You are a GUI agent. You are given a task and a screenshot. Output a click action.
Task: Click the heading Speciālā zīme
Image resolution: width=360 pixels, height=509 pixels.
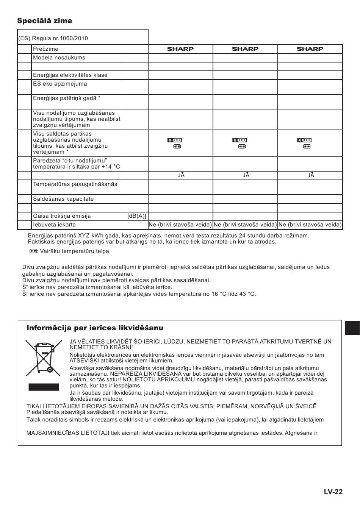pos(44,21)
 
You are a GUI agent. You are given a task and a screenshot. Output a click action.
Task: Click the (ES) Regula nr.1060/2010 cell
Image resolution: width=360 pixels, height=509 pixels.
pos(53,38)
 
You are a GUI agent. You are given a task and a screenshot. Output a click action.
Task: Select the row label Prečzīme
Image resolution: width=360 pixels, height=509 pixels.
pos(45,49)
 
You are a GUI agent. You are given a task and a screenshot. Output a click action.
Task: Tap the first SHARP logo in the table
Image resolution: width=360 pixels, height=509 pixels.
pos(180,49)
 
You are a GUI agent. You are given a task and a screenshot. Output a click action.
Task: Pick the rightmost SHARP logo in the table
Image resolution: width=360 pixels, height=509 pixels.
pos(310,49)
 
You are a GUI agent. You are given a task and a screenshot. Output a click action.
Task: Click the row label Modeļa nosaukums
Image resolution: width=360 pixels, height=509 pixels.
pos(59,58)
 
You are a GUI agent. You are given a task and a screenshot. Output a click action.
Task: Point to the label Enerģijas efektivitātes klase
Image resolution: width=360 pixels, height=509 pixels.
pos(70,75)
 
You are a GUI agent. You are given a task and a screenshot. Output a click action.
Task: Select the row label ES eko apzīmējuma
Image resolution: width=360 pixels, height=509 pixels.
pos(60,84)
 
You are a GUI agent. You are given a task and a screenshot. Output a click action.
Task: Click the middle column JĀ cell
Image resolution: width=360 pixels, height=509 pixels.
pos(246,175)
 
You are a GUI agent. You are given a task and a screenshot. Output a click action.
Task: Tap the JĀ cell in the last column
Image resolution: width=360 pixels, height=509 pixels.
pos(311,175)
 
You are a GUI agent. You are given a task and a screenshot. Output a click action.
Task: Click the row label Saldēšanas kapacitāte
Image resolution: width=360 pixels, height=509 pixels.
pos(63,199)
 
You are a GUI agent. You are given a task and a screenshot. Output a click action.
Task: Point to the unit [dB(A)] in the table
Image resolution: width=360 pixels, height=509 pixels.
pos(136,216)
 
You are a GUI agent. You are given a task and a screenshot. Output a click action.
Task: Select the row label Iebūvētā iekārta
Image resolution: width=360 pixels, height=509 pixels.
pos(54,225)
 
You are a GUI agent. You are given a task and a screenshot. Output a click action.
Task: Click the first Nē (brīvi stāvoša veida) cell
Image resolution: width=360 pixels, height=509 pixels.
pos(180,225)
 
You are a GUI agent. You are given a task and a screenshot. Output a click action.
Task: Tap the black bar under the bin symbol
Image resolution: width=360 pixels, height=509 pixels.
pos(44,387)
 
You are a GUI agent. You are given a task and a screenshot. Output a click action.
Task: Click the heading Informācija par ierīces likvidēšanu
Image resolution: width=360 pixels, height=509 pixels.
pos(95,328)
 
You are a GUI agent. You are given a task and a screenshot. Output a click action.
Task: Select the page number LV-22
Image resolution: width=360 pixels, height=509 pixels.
pos(333,492)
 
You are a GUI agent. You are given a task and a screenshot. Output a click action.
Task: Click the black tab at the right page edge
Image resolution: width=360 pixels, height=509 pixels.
pos(352,328)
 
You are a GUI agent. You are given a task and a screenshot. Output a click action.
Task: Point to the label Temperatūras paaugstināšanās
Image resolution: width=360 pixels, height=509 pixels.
pos(75,184)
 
